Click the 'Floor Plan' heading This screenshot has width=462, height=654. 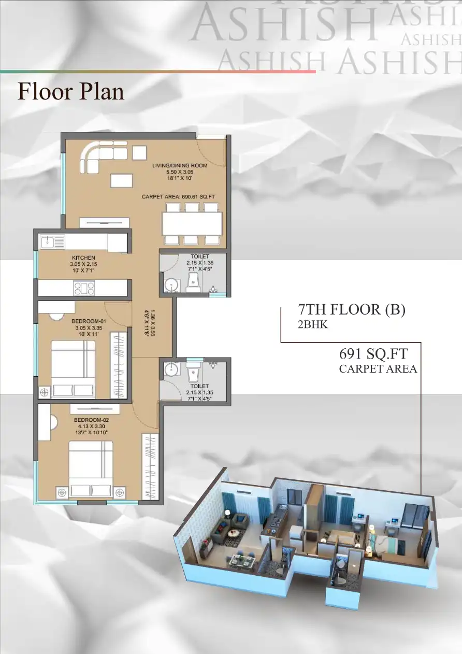click(71, 91)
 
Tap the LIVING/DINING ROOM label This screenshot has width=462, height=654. click(180, 165)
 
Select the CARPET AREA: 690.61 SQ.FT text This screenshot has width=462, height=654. click(178, 197)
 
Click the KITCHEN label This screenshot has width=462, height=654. click(83, 258)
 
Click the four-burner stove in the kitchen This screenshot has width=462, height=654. click(84, 288)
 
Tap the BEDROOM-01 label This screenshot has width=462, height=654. click(89, 321)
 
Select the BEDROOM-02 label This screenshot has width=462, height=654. click(91, 420)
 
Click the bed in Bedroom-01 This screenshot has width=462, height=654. click(73, 369)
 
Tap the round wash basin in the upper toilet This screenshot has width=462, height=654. click(170, 285)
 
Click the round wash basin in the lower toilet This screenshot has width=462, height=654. click(170, 369)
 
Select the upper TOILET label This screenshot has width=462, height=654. click(200, 257)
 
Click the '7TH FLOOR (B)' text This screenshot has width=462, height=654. click(352, 309)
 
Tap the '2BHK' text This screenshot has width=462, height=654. click(313, 325)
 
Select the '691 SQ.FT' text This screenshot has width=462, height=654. click(373, 354)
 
